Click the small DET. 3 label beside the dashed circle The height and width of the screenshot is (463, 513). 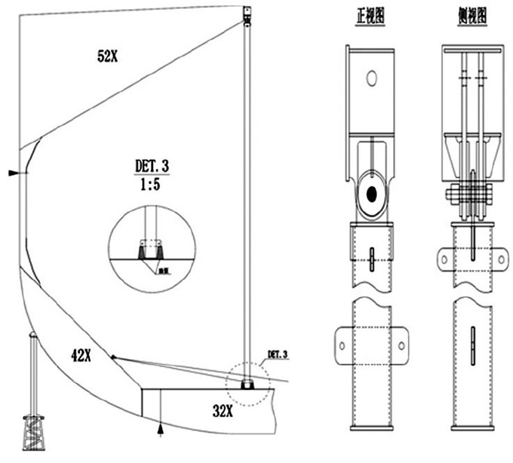pos(278,354)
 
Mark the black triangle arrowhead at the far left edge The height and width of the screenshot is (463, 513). pos(13,173)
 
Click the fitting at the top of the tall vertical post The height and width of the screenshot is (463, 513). pos(246,14)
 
